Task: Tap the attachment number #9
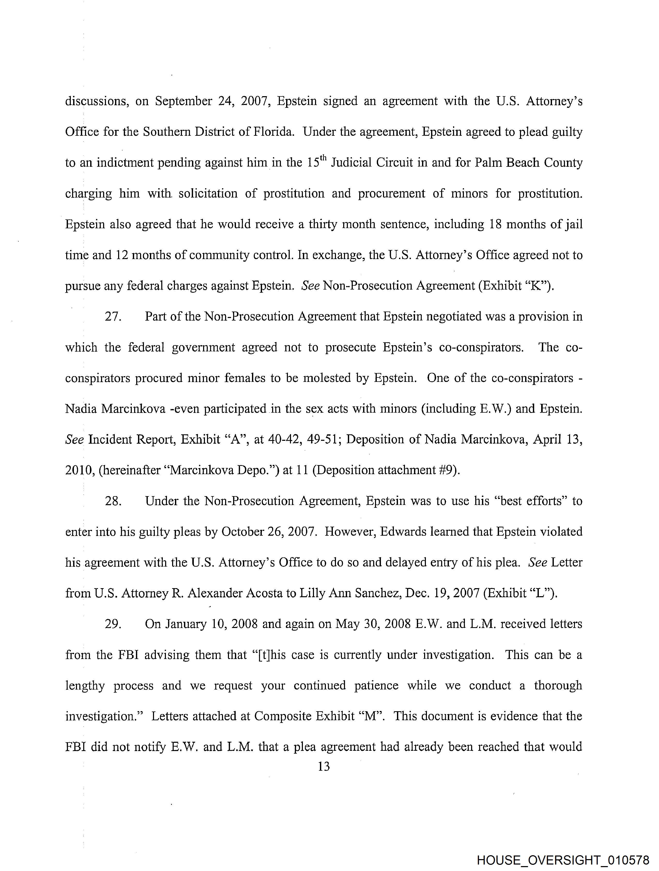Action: pyautogui.click(x=450, y=471)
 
